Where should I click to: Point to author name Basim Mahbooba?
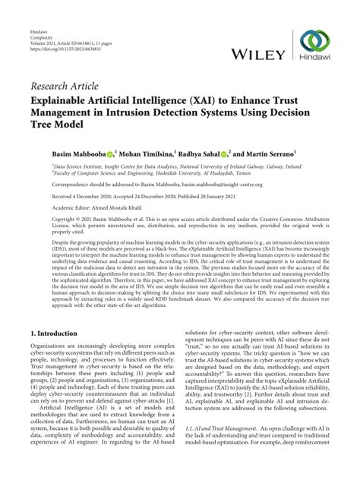pyautogui.click(x=79, y=153)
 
